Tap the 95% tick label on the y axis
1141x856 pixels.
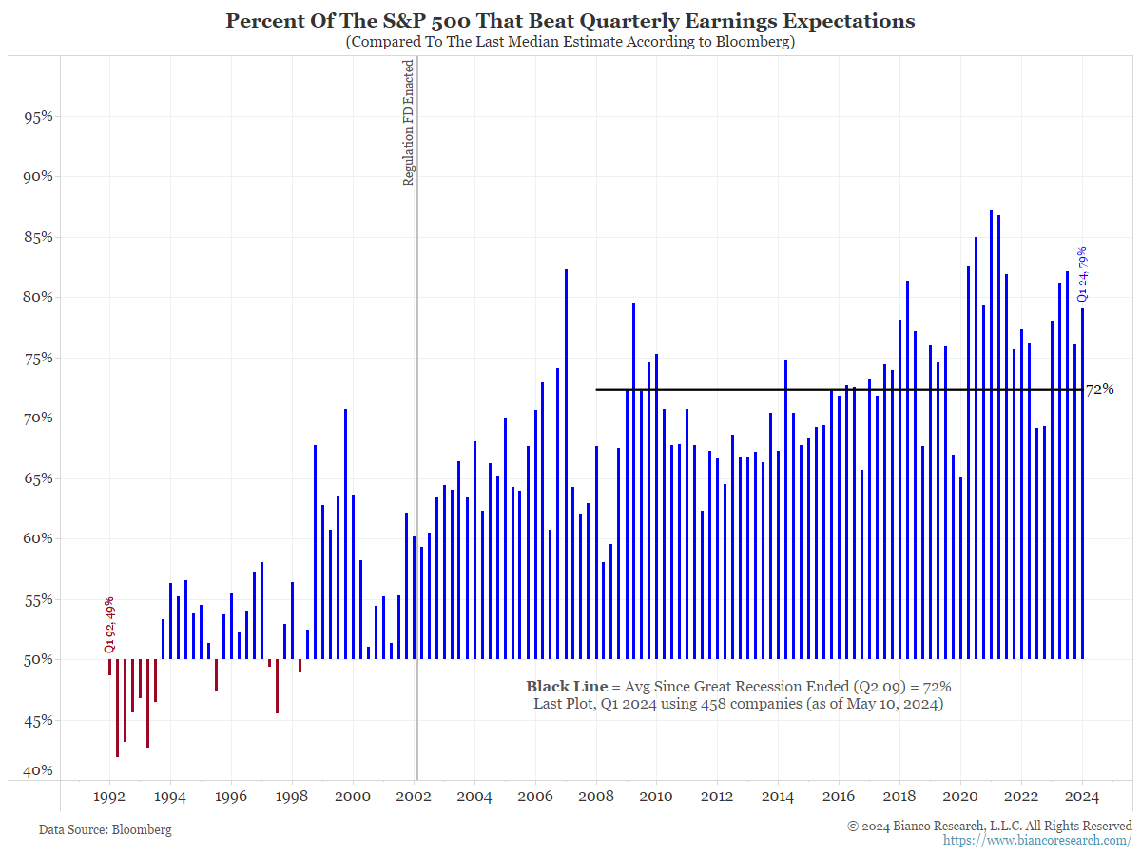[x=37, y=117]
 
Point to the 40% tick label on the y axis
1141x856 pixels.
[x=37, y=770]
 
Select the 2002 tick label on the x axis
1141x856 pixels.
[x=415, y=796]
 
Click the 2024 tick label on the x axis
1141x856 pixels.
[x=1082, y=796]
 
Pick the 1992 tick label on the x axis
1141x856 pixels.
[x=110, y=796]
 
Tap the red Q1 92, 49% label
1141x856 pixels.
[x=109, y=625]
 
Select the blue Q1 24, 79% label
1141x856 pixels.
[x=1082, y=274]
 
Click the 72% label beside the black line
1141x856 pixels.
[x=1099, y=389]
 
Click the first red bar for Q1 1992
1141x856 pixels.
[x=109, y=667]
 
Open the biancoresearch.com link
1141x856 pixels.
[x=1037, y=840]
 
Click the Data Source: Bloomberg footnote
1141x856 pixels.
[x=106, y=829]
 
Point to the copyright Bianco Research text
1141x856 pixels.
[x=990, y=826]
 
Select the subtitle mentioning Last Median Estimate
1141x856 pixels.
[x=570, y=42]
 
